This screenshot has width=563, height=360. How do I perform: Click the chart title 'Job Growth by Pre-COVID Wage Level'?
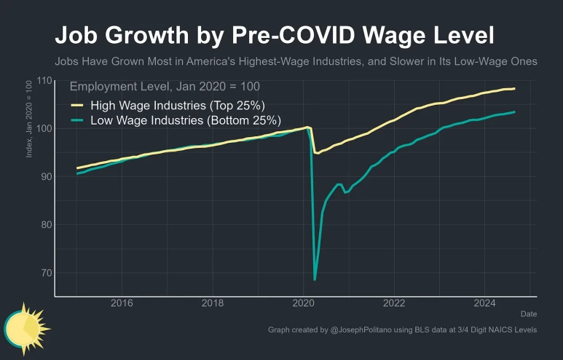tap(275, 36)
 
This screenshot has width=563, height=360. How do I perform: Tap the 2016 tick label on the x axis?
tap(121, 303)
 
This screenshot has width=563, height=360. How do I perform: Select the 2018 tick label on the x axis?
tap(212, 303)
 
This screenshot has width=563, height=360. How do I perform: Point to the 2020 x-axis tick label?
tap(303, 303)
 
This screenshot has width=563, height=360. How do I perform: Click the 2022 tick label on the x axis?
tap(394, 303)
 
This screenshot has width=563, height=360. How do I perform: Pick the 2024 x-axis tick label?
tap(485, 303)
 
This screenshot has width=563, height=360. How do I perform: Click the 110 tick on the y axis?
tap(45, 80)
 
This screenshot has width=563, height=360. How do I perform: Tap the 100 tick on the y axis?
tap(45, 128)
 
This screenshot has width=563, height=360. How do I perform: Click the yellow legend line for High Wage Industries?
tap(76, 104)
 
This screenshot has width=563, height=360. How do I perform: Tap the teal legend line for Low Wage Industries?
tap(76, 120)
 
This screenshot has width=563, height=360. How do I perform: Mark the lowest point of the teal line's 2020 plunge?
tap(315, 279)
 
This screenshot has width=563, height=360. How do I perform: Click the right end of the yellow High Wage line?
tap(514, 89)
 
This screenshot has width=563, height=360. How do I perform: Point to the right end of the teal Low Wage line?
tap(514, 112)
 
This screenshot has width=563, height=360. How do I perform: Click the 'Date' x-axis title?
tap(529, 313)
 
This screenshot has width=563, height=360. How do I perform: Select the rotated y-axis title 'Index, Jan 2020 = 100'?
tap(29, 120)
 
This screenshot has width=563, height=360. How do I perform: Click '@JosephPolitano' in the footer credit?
tap(363, 330)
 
